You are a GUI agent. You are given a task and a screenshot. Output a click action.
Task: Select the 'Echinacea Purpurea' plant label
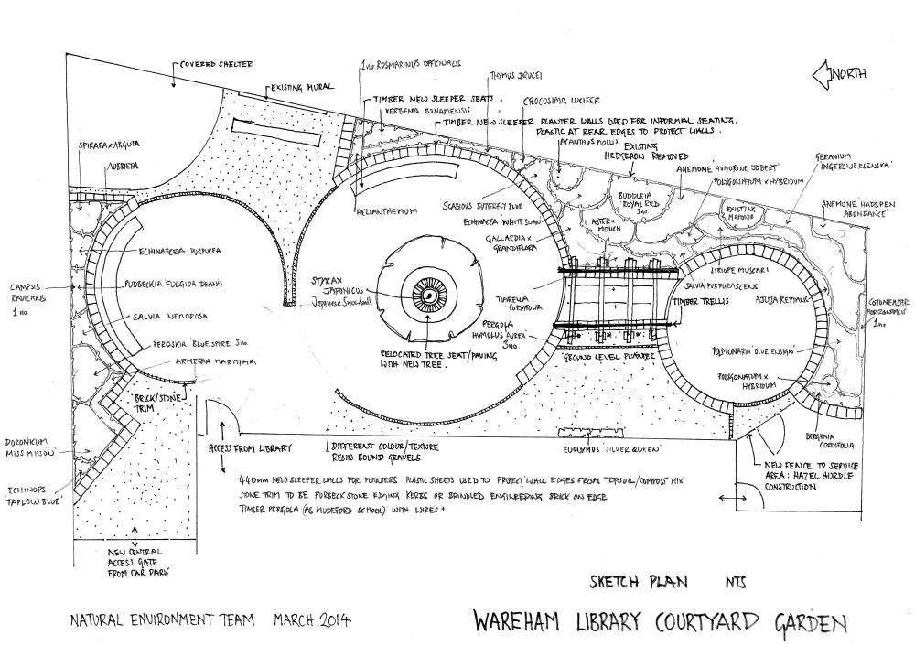pos(181,249)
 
